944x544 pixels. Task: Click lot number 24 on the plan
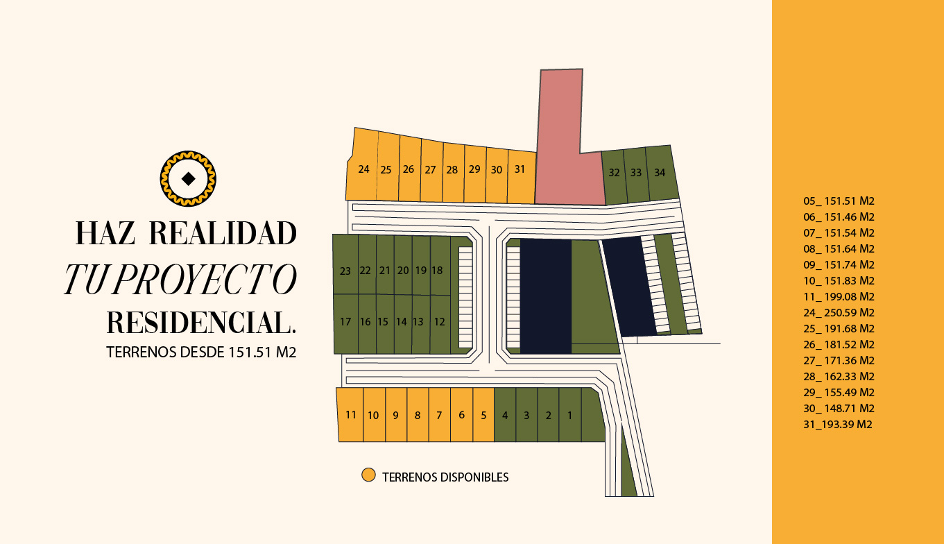click(363, 169)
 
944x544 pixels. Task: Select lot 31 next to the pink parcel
click(520, 169)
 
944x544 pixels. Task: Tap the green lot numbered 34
click(660, 173)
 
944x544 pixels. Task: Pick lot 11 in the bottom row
click(351, 415)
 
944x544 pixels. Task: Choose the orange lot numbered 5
click(483, 416)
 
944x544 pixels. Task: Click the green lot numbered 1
click(569, 416)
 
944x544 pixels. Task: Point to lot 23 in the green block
click(345, 271)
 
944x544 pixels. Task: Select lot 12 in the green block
click(439, 322)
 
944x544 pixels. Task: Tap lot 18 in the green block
click(437, 271)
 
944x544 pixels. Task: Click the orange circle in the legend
click(368, 475)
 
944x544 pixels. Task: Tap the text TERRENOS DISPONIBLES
click(445, 477)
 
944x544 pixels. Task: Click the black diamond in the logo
click(188, 178)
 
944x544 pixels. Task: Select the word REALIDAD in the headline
click(223, 234)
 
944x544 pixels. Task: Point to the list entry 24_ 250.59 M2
click(839, 313)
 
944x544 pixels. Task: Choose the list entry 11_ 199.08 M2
click(839, 297)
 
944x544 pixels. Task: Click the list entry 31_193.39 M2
click(838, 425)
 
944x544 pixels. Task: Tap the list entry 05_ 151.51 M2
click(839, 201)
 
